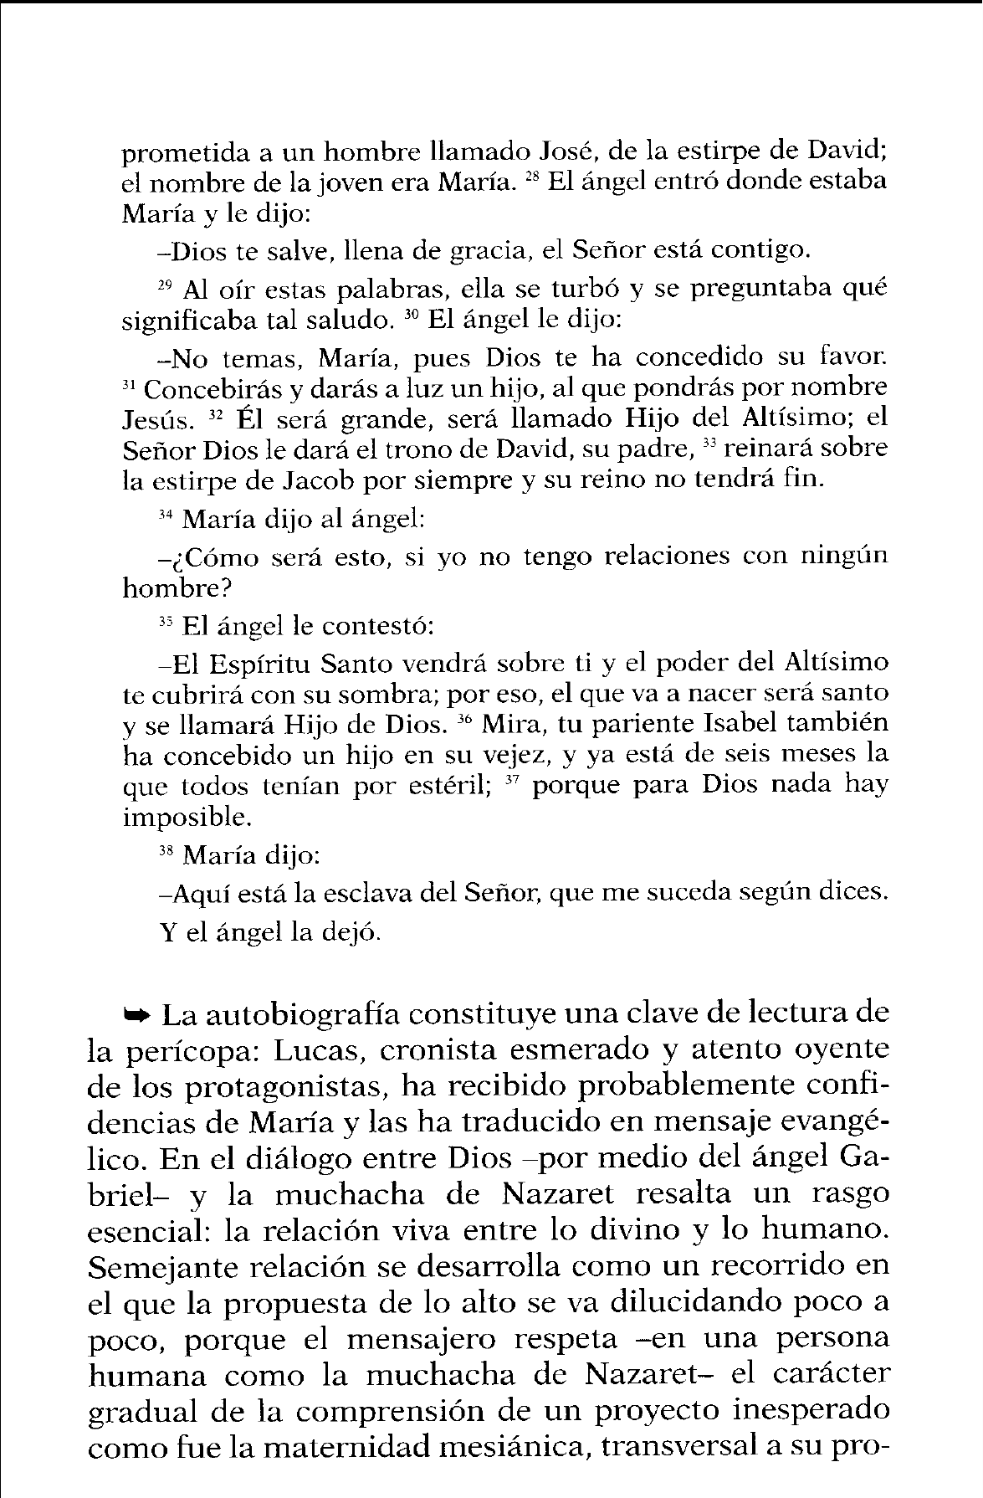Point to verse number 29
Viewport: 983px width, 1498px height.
click(x=164, y=284)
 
